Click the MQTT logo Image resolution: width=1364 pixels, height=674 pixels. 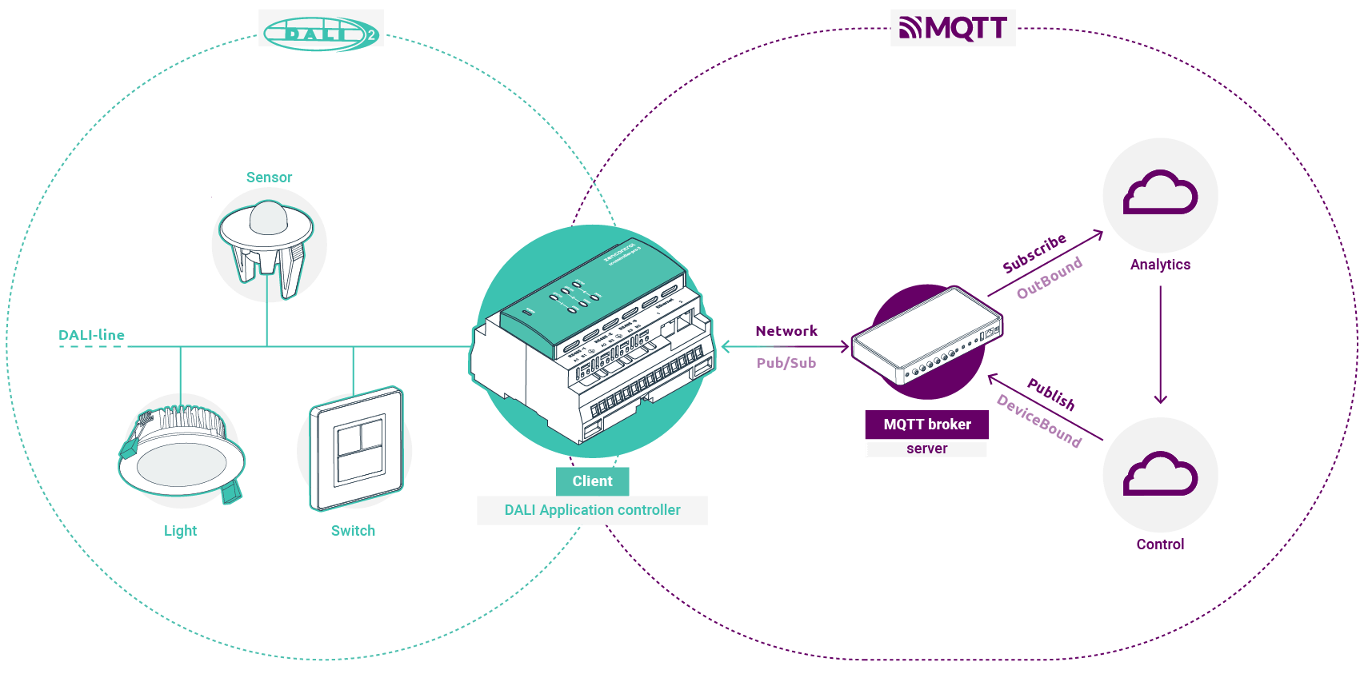point(952,28)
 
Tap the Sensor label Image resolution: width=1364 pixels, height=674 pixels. point(269,177)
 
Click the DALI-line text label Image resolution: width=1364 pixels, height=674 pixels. point(92,335)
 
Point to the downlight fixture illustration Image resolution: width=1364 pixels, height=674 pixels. point(182,452)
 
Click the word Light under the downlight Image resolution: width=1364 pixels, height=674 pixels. point(180,531)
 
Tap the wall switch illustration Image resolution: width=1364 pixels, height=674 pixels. point(356,449)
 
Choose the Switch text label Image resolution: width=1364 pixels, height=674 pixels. point(353,531)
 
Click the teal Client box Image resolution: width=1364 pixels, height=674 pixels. point(592,481)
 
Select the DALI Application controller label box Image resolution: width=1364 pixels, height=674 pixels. point(592,510)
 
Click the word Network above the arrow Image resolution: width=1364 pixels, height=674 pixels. point(786,331)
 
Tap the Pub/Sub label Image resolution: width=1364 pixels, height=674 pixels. point(786,363)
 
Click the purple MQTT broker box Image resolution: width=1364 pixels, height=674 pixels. point(926,425)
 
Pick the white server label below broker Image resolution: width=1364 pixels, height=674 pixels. point(926,449)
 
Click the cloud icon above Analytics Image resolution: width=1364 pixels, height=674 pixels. point(1160,194)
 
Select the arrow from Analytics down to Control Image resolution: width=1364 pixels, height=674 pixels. point(1160,344)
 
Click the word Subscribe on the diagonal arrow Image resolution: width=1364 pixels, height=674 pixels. point(1034,253)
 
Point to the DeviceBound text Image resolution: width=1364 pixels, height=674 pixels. point(1038,421)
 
